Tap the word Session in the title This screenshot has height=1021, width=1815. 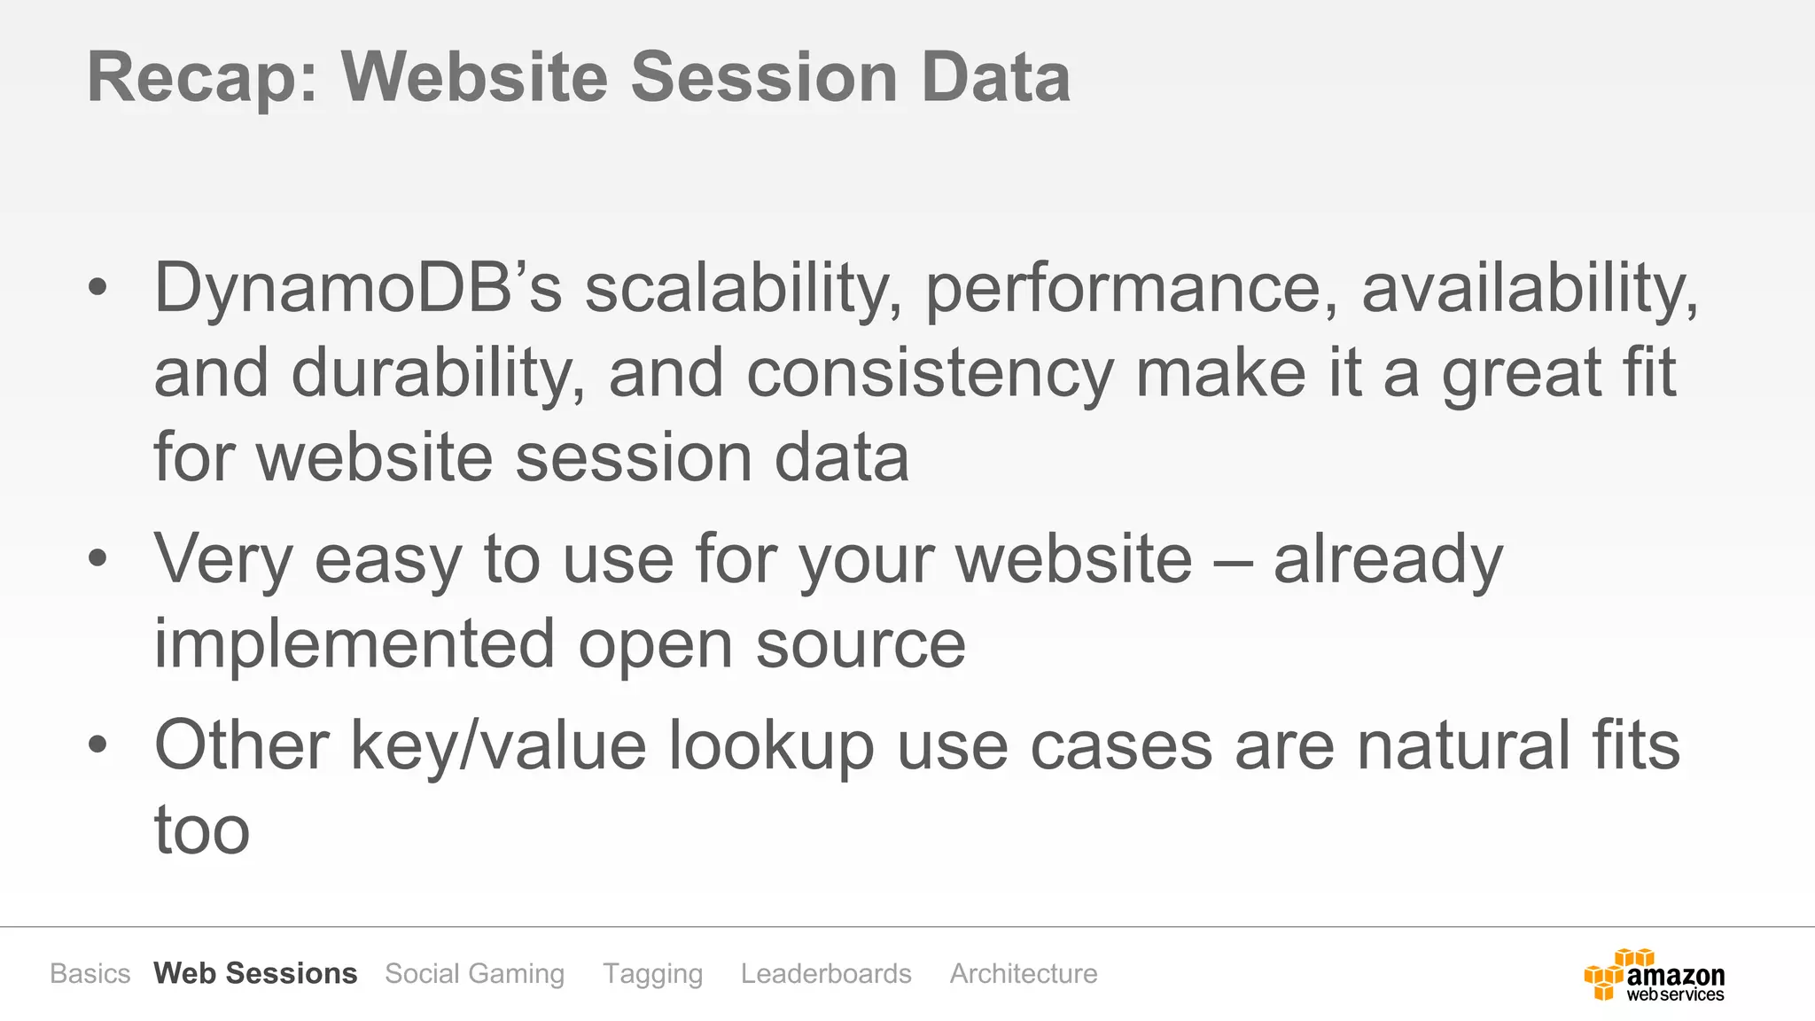tap(764, 78)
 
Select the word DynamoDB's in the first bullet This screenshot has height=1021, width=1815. tap(358, 288)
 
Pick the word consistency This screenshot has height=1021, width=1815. tap(930, 375)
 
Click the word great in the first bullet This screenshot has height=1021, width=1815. tap(1521, 375)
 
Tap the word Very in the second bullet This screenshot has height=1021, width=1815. tap(223, 560)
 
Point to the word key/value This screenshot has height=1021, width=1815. tap(498, 747)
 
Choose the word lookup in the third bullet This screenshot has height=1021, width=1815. tap(771, 747)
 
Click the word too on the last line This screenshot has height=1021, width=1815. tap(202, 831)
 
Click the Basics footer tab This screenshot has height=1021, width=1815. tap(90, 973)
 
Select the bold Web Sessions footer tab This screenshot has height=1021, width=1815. tap(255, 973)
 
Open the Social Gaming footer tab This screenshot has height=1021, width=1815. tap(475, 973)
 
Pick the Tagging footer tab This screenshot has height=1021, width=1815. tap(653, 973)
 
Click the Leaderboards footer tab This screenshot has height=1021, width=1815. tap(826, 973)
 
